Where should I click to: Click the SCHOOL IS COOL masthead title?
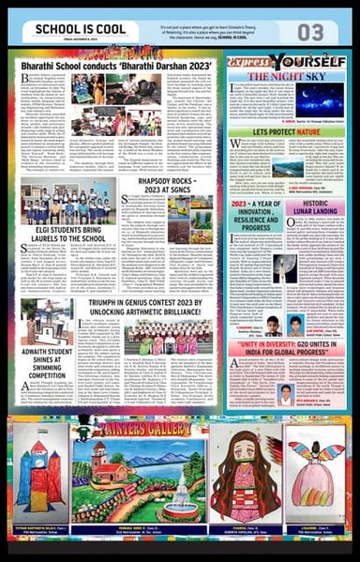[68, 30]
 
